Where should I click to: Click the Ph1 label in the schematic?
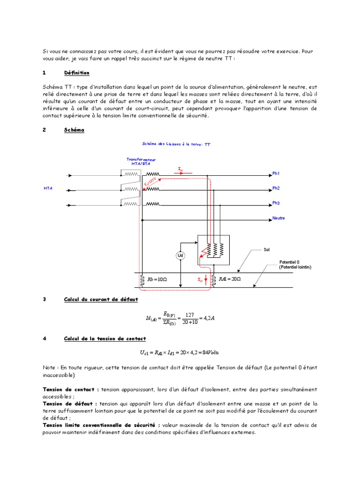pyautogui.click(x=276, y=173)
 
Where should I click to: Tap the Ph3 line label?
pyautogui.click(x=276, y=203)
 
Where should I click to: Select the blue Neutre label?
pyautogui.click(x=278, y=218)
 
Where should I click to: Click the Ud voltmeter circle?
pyautogui.click(x=180, y=255)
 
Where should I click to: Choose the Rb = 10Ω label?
pyautogui.click(x=157, y=279)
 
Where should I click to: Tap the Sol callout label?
pyautogui.click(x=267, y=250)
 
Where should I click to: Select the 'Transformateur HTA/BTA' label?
pyautogui.click(x=141, y=162)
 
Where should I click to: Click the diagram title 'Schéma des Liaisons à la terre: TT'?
pyautogui.click(x=176, y=145)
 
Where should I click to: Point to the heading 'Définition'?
pyautogui.click(x=76, y=73)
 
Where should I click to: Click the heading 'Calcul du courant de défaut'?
pyautogui.click(x=101, y=299)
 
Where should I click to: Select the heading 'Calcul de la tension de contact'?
pyautogui.click(x=105, y=338)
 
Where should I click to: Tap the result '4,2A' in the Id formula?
pyautogui.click(x=207, y=319)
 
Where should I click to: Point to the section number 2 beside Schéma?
pyautogui.click(x=44, y=130)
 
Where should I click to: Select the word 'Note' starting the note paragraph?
pyautogui.click(x=48, y=368)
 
